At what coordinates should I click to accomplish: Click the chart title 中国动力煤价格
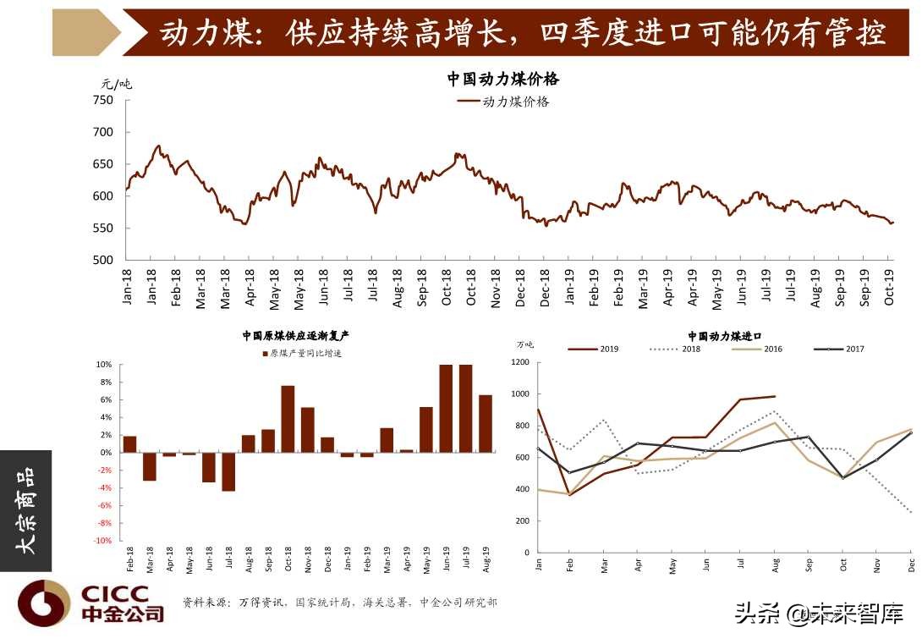pos(503,80)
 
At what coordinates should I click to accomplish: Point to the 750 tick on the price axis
pos(102,100)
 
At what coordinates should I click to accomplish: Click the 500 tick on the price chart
pos(102,260)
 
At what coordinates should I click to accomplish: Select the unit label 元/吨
pos(117,84)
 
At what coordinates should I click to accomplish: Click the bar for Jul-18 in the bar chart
pos(228,471)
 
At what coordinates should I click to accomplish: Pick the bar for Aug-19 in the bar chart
pos(486,423)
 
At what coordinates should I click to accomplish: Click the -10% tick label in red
pos(102,541)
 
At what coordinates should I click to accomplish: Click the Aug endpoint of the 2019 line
pos(774,396)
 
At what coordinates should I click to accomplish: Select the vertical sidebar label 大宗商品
pos(26,510)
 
